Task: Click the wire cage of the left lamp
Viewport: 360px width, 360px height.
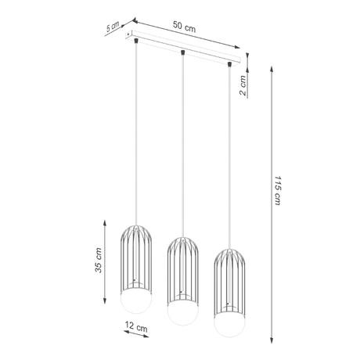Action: (x=135, y=254)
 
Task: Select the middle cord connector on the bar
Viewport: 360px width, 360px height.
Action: (x=182, y=52)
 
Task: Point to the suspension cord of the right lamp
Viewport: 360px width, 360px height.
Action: (x=230, y=157)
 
